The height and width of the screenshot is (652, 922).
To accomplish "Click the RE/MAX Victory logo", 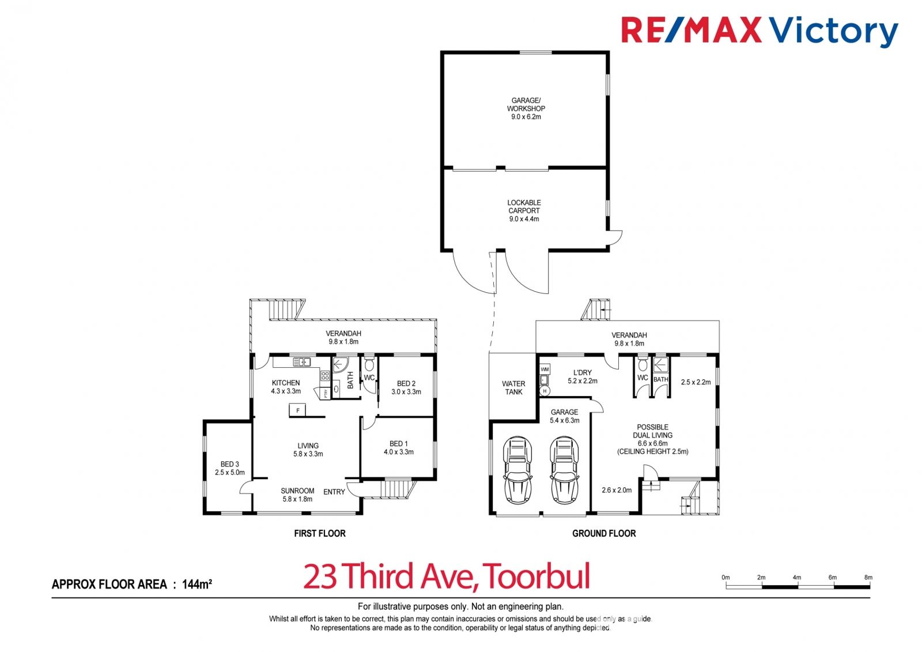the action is point(759,31).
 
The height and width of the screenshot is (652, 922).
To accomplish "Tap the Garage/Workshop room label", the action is point(526,108).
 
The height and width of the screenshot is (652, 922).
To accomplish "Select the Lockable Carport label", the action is point(524,210).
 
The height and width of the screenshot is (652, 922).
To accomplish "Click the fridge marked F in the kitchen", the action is point(297,410).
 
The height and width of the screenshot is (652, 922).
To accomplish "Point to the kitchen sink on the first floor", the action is point(302,362).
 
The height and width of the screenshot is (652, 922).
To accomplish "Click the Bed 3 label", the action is point(230,468).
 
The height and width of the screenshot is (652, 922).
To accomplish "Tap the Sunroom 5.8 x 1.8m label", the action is point(297,495).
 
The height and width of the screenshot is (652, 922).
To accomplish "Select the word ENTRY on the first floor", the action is point(334,492).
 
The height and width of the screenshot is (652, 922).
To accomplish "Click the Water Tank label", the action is point(513,387).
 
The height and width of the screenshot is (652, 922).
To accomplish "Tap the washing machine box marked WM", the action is point(545,369).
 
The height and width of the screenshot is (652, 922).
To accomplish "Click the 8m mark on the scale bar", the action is point(868,578).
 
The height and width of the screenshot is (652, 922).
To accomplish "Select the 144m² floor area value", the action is point(197,584).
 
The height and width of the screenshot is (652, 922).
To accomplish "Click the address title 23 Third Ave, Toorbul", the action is point(447,576).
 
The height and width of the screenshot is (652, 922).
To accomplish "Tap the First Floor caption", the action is point(320,533).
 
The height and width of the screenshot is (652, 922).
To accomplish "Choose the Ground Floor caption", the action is point(604,533).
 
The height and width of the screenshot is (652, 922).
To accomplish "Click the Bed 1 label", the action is point(398,448).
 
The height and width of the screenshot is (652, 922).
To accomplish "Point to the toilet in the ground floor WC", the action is point(643,364).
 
